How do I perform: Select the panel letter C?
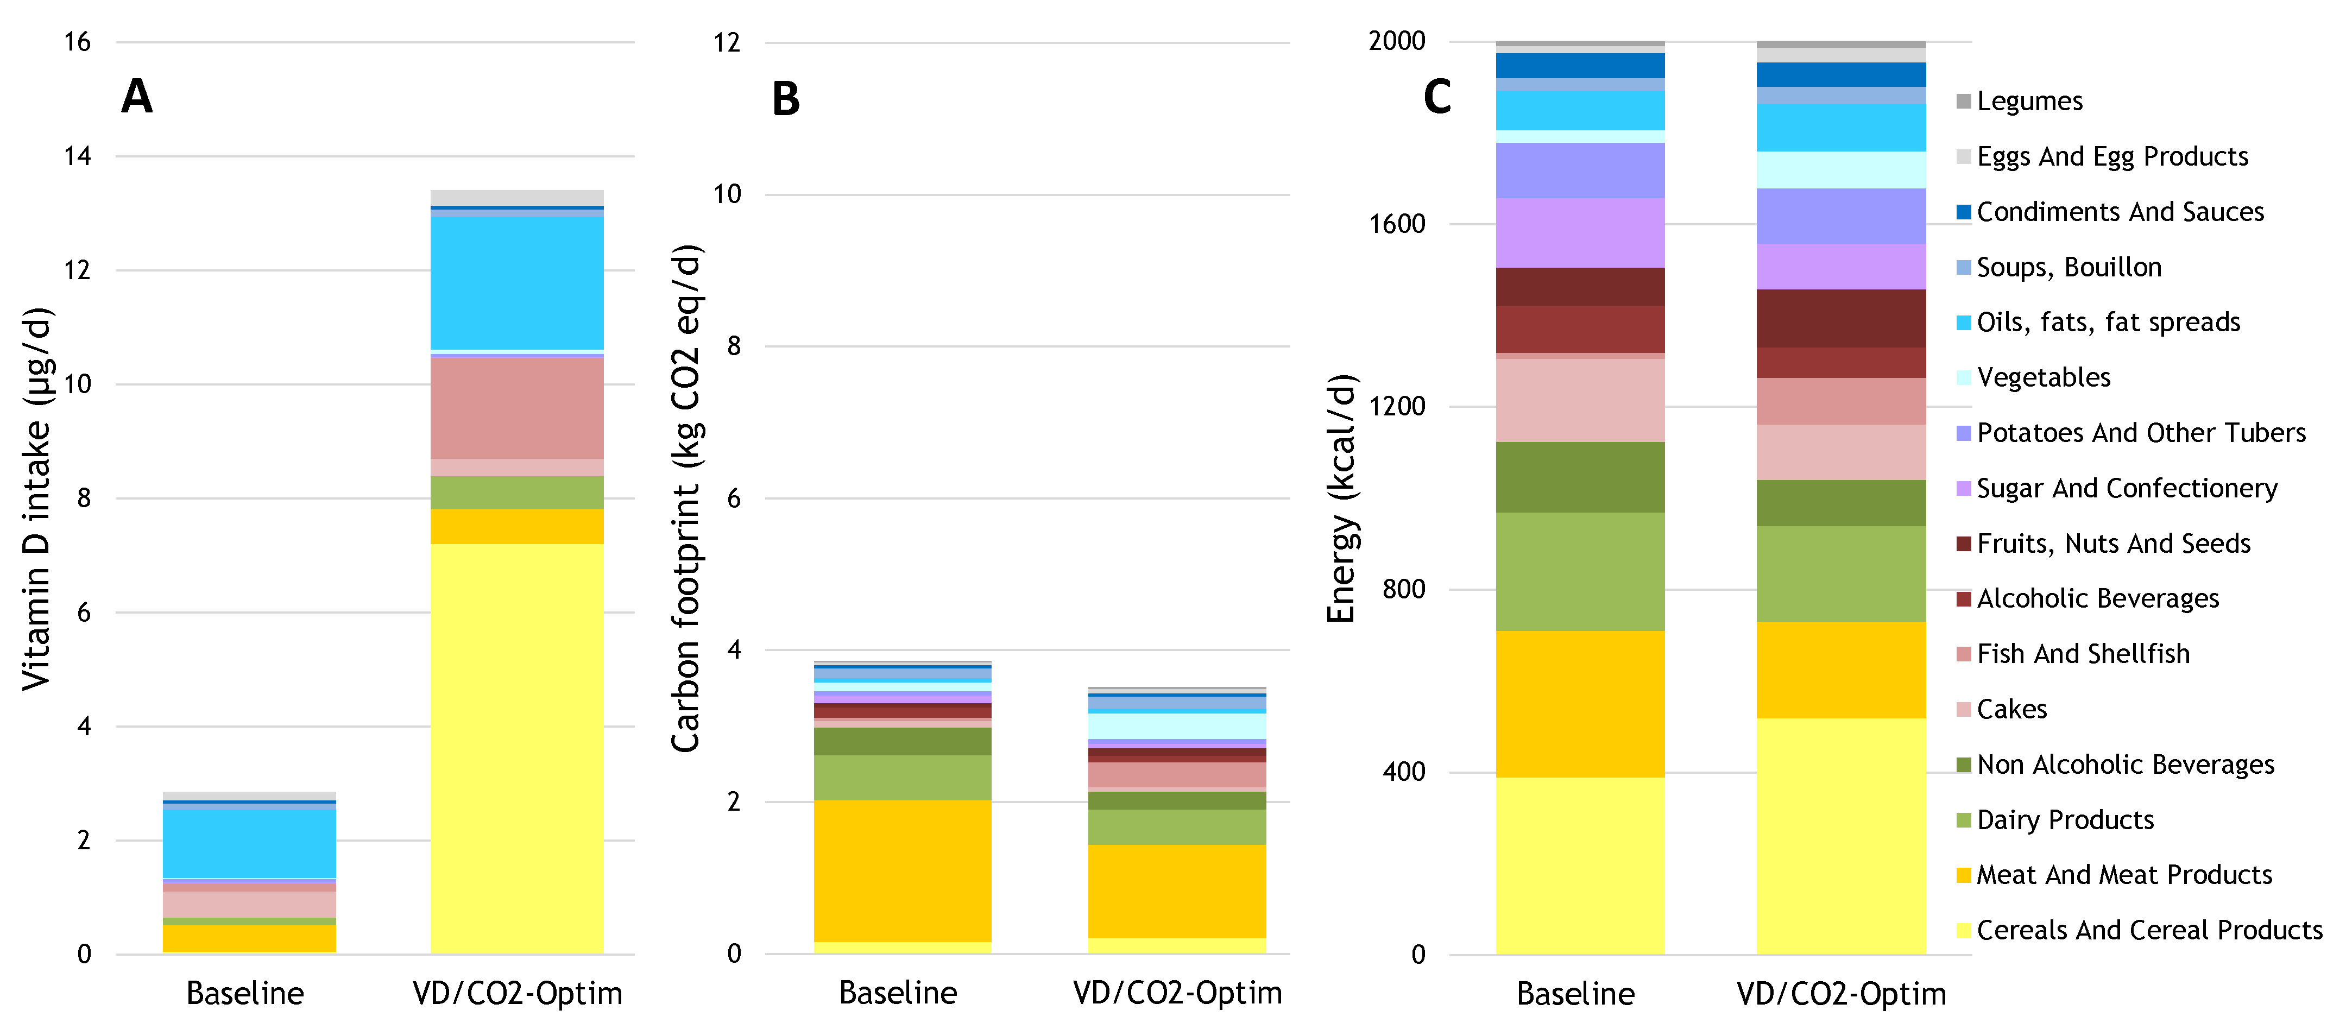(x=1437, y=97)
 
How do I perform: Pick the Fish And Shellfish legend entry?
(x=2083, y=654)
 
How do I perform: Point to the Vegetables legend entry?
(x=2043, y=377)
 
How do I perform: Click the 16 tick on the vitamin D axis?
(x=78, y=42)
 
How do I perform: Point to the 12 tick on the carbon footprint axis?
(x=727, y=43)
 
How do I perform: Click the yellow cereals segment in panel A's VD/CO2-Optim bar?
(x=516, y=747)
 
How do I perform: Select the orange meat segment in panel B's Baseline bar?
(x=901, y=870)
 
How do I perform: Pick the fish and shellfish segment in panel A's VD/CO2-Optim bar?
(x=516, y=408)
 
